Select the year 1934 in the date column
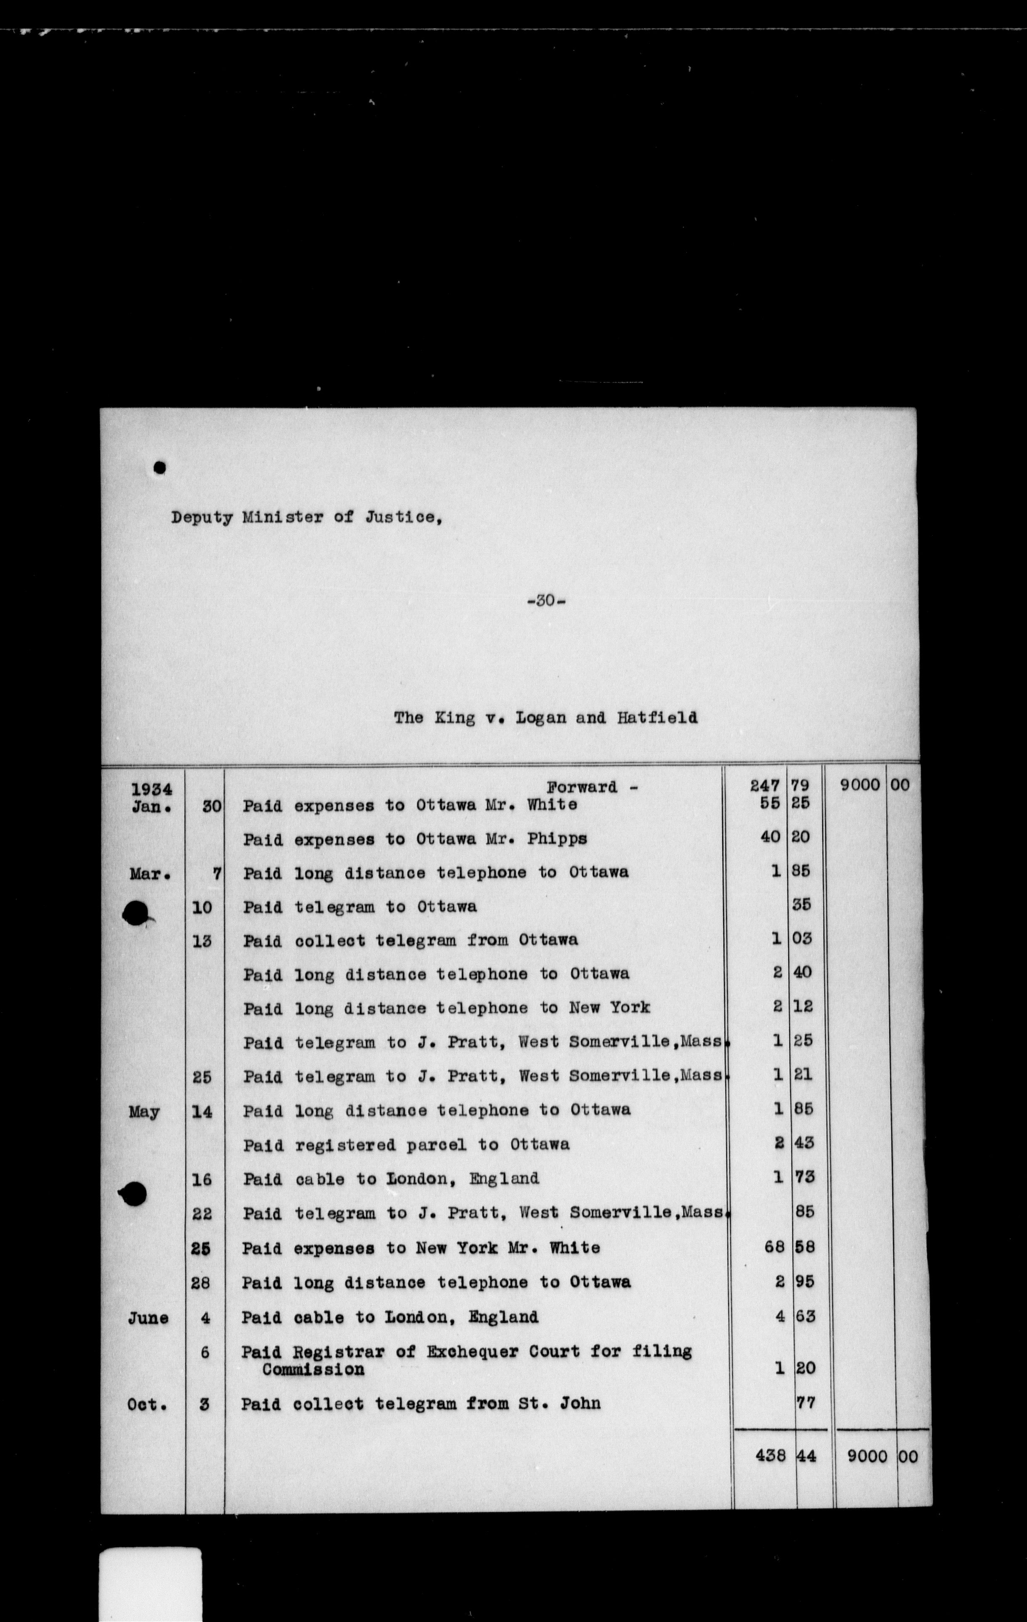(x=152, y=789)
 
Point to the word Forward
(x=582, y=787)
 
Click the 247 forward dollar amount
(x=765, y=785)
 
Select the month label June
(x=148, y=1317)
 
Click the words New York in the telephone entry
(x=609, y=1008)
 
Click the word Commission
(x=313, y=1370)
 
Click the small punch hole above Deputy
(x=160, y=467)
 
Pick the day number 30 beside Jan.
(x=212, y=806)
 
